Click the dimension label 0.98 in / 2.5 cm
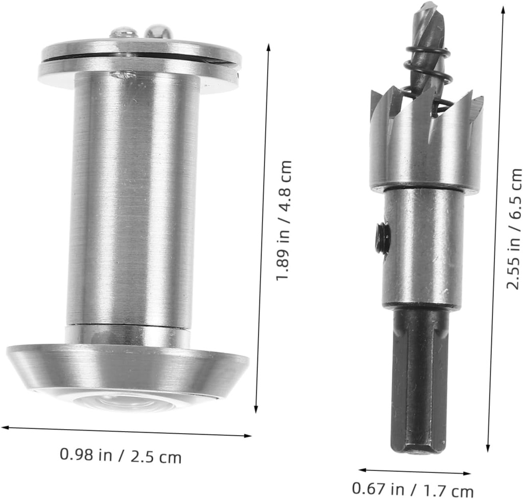point(121,455)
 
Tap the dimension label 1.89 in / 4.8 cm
point(284,220)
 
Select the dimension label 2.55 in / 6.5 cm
point(514,229)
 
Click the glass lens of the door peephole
point(123,402)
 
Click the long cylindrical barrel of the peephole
point(133,199)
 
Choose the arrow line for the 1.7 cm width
point(414,471)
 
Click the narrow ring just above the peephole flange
point(128,335)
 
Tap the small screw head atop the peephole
point(124,32)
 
